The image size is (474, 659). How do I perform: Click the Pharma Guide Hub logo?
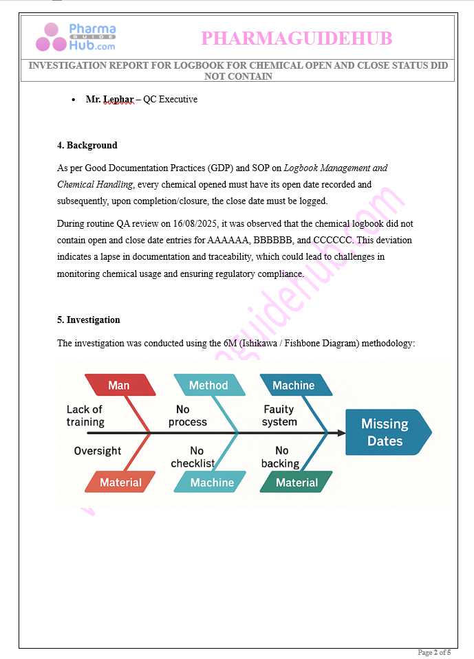[x=76, y=37]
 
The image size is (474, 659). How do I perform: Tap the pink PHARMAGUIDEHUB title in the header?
[x=297, y=38]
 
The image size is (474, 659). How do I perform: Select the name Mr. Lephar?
[x=109, y=100]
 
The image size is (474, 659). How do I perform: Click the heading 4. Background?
[x=87, y=145]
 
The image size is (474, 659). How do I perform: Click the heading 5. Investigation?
[x=88, y=320]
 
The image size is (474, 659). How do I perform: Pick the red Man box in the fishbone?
[x=119, y=386]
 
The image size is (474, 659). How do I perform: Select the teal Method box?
[x=208, y=386]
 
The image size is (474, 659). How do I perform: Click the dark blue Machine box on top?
[x=294, y=386]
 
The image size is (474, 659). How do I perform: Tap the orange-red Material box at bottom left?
[x=120, y=482]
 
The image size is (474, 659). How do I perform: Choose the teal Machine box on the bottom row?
[x=212, y=482]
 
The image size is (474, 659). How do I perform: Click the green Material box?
[x=297, y=482]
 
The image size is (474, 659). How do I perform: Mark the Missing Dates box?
[x=386, y=432]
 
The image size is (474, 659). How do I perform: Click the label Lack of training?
[x=85, y=416]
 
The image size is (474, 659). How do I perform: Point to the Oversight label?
[x=98, y=451]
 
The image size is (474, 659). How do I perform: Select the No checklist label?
[x=193, y=457]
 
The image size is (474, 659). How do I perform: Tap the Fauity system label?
[x=279, y=416]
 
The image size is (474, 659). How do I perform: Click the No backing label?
[x=281, y=457]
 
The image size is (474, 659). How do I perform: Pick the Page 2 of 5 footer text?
[x=434, y=652]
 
